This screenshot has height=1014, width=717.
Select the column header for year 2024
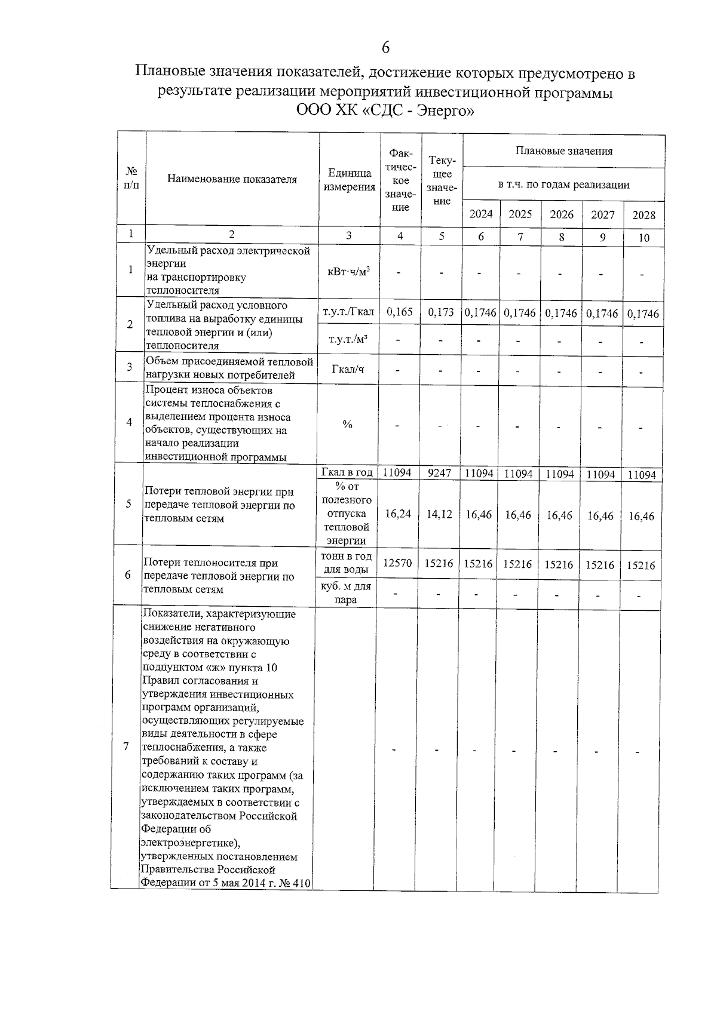coord(481,214)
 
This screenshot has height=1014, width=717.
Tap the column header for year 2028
coord(644,215)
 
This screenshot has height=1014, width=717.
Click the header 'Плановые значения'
coord(563,151)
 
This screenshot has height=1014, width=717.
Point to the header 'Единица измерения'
coord(349,180)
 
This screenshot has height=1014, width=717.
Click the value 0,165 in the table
coord(400,312)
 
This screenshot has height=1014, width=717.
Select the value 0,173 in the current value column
coord(441,312)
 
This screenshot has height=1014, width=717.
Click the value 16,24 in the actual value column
coord(398,514)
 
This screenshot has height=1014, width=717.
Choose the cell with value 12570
coord(397,563)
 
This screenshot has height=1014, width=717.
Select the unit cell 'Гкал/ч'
coord(348,369)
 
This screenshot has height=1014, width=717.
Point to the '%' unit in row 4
coord(347,425)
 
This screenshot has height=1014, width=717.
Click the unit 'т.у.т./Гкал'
coord(348,312)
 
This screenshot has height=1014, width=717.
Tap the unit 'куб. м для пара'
coord(346,593)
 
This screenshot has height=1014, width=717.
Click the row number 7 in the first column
coord(125,746)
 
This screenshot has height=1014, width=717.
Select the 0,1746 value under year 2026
coord(561,313)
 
